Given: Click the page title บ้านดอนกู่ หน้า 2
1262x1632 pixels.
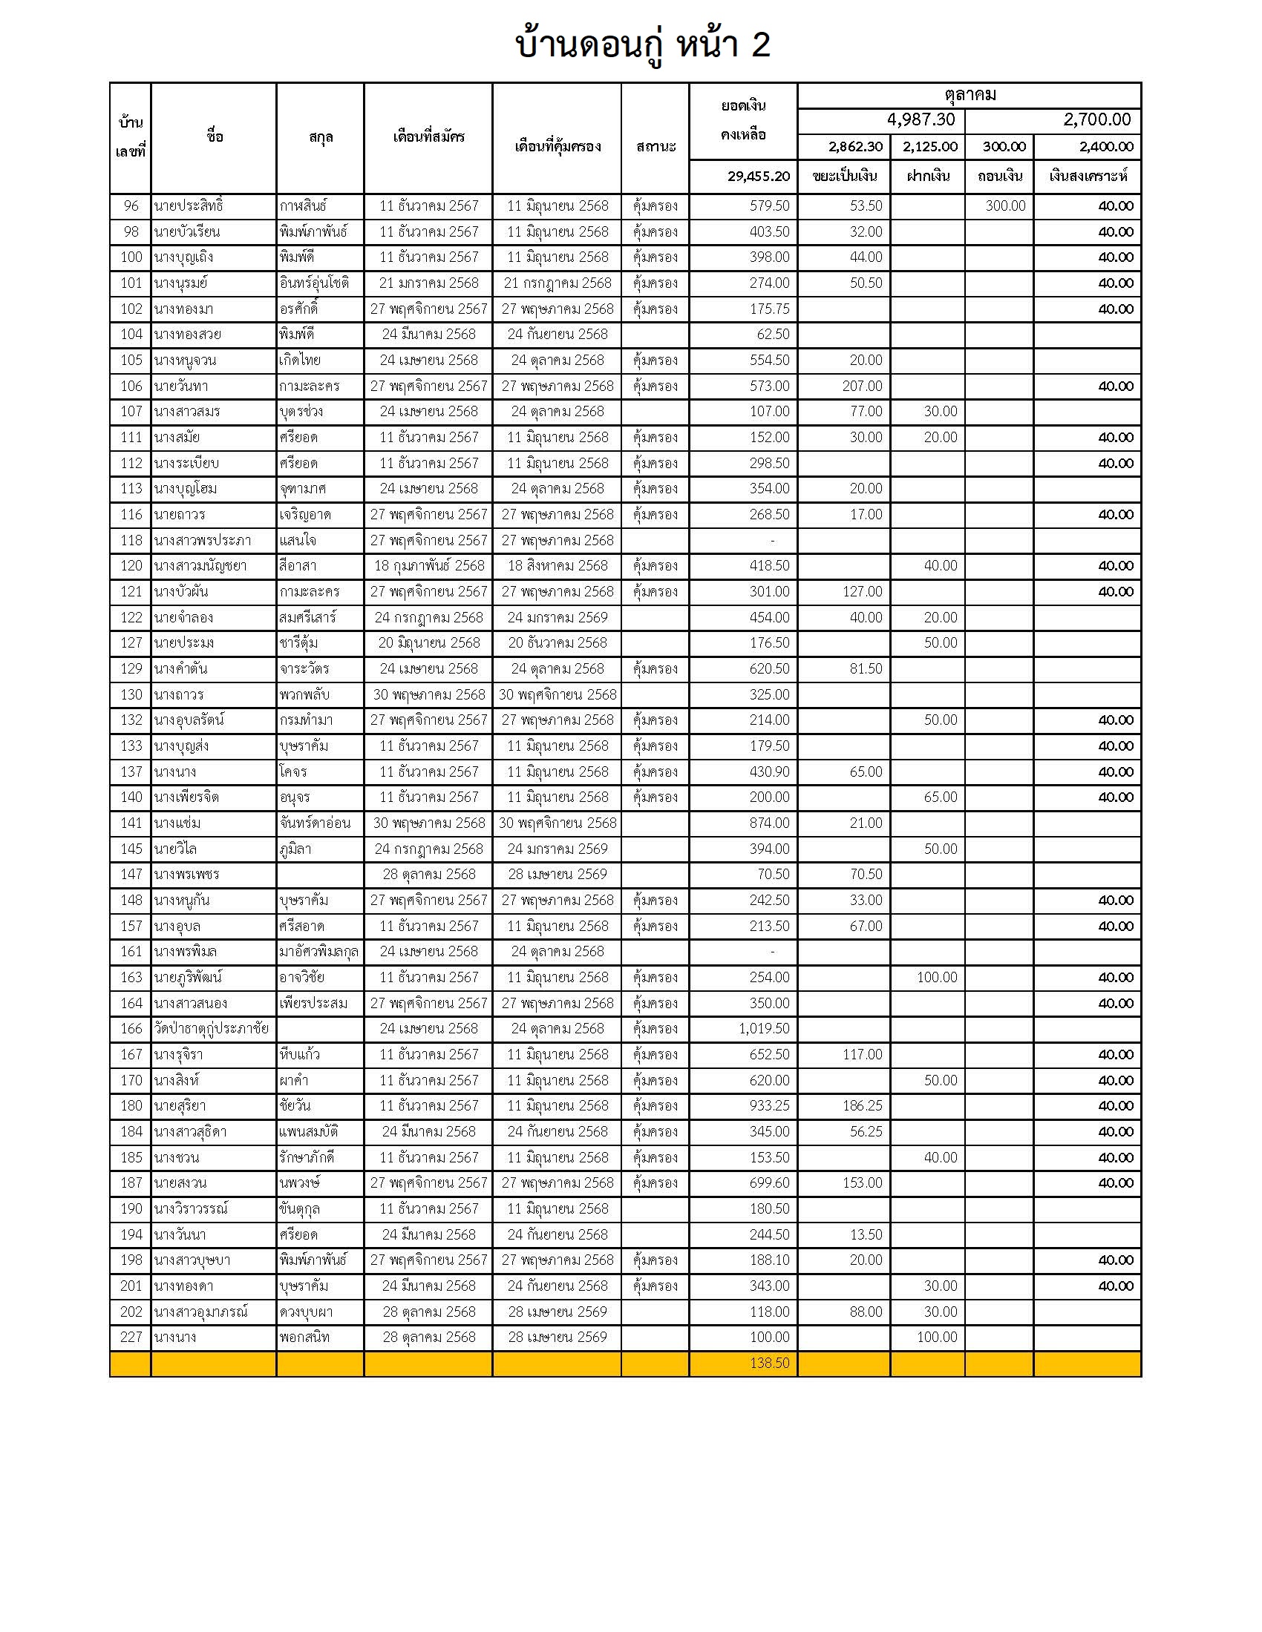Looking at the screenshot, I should pyautogui.click(x=642, y=45).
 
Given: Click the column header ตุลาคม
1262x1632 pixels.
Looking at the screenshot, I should pyautogui.click(x=969, y=95).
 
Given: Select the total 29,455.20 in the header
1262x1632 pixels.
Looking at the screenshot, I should pyautogui.click(x=758, y=177).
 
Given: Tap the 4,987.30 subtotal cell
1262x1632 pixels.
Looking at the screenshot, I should pyautogui.click(x=921, y=119).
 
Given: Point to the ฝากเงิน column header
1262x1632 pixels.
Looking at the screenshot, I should pyautogui.click(x=928, y=177).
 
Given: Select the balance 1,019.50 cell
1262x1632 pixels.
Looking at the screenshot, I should pyautogui.click(x=763, y=1028).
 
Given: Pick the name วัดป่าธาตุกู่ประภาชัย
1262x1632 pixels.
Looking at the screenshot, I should pyautogui.click(x=211, y=1028).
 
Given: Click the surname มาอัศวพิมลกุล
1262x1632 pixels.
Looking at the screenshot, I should pyautogui.click(x=318, y=951).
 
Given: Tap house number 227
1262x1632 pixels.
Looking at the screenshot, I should pyautogui.click(x=131, y=1337).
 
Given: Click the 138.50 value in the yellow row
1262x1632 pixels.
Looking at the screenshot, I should pyautogui.click(x=769, y=1363).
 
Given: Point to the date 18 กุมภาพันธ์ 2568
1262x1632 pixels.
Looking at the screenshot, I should pyautogui.click(x=428, y=566).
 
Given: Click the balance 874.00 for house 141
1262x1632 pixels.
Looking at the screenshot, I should pyautogui.click(x=769, y=823).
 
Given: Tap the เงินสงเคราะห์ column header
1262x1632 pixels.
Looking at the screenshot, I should pyautogui.click(x=1087, y=177).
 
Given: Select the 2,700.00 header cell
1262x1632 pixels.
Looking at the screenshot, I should pyautogui.click(x=1096, y=119).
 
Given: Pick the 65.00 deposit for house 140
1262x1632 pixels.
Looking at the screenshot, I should pyautogui.click(x=940, y=797).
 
